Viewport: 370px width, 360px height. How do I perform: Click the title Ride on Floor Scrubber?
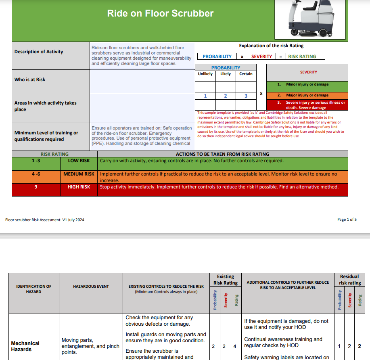point(160,13)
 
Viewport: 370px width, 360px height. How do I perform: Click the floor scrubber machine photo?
point(311,18)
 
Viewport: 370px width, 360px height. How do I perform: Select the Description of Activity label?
point(39,52)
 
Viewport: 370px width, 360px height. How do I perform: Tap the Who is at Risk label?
point(30,80)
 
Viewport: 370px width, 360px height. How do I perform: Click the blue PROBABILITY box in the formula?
point(217,57)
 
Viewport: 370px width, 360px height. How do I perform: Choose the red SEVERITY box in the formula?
point(261,57)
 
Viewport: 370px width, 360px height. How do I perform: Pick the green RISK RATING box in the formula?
point(302,57)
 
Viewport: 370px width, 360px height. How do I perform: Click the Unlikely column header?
point(205,74)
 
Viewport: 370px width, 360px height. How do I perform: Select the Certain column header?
point(246,74)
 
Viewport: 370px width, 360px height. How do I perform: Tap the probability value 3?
point(246,96)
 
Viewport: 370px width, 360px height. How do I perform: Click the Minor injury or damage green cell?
point(307,84)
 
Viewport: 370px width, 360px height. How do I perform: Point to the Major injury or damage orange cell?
point(307,95)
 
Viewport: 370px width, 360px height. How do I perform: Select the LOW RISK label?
point(79,161)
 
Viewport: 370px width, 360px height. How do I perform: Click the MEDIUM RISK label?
point(79,174)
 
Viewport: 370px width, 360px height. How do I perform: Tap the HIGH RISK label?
point(79,187)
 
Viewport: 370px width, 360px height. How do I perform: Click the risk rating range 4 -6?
point(36,174)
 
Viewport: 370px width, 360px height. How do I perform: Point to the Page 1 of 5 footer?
point(347,220)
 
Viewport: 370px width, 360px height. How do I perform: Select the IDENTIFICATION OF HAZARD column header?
point(34,289)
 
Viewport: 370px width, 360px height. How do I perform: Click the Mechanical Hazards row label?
point(25,346)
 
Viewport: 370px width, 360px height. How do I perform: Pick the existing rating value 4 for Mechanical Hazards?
point(235,346)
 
